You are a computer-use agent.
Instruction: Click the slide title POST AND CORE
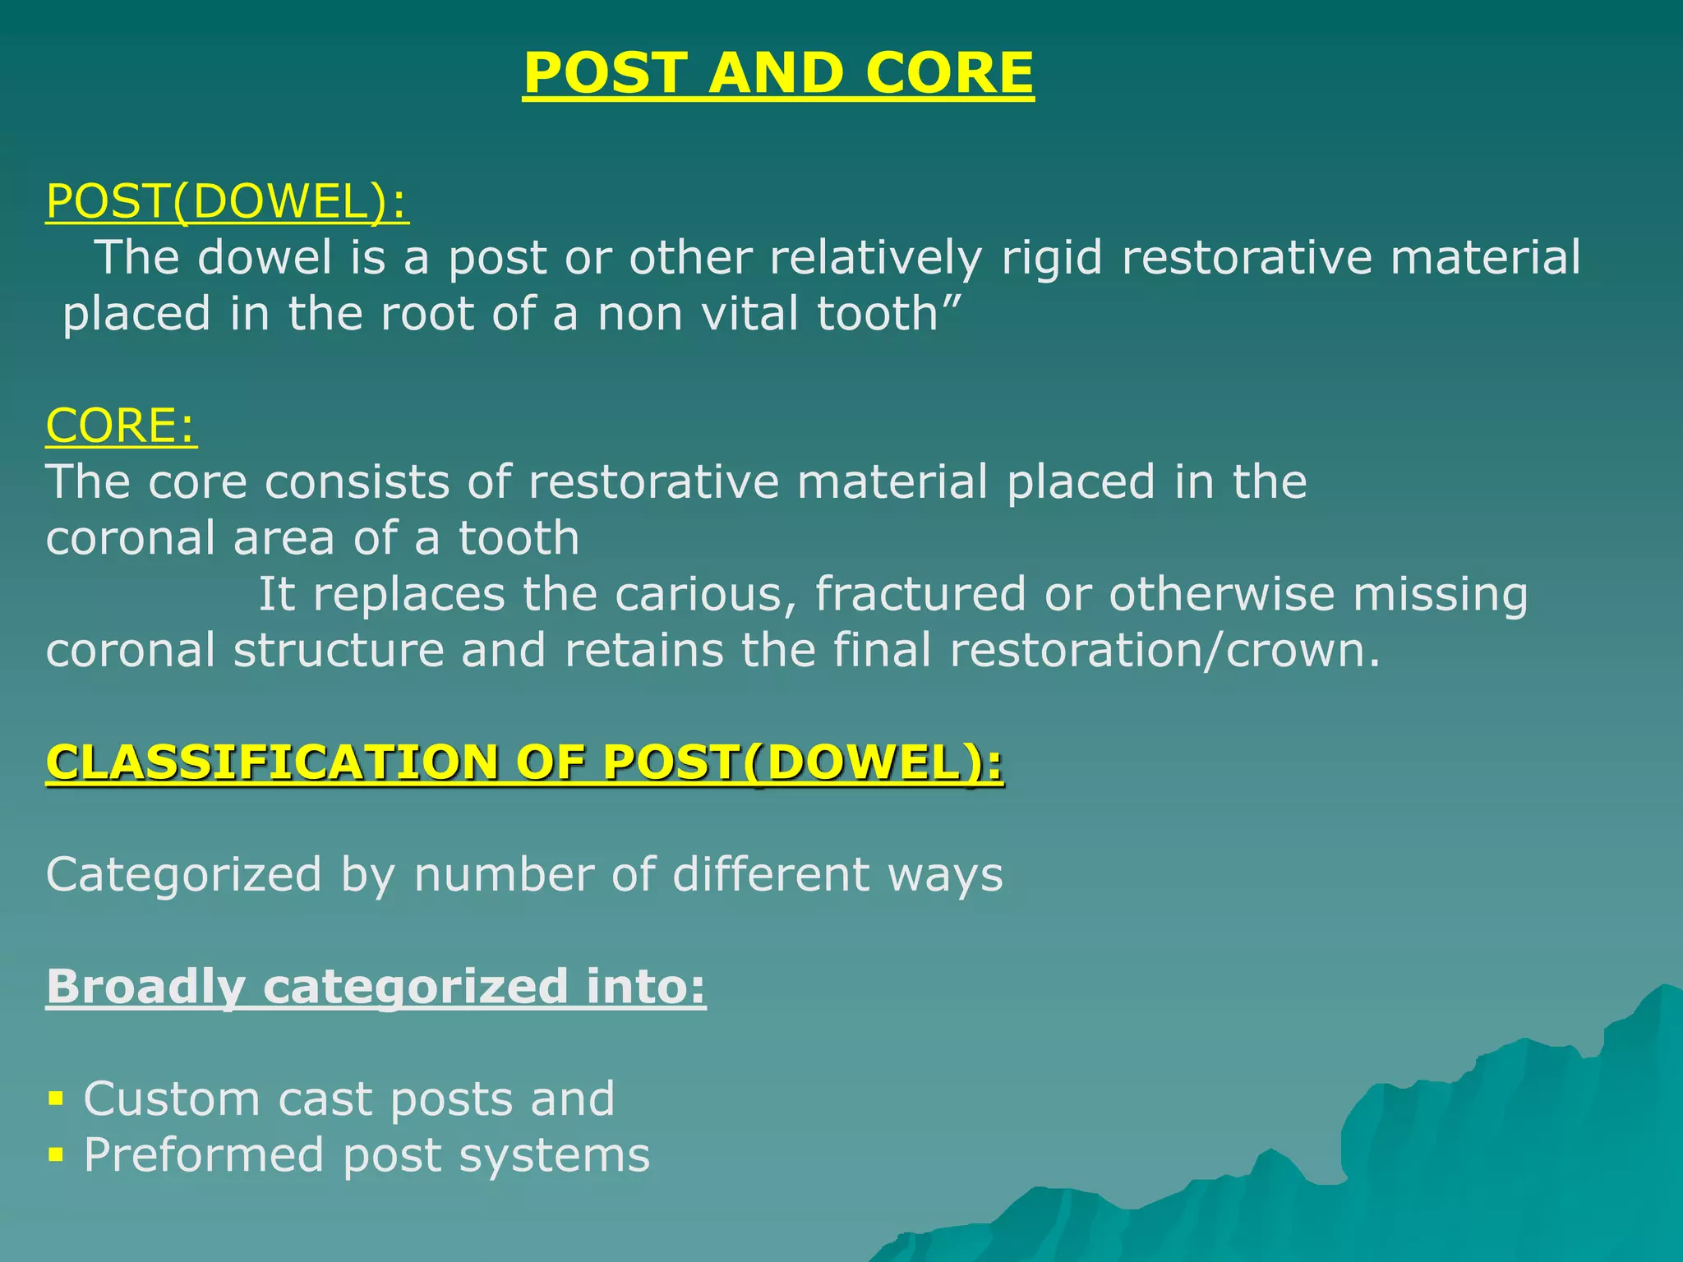777,73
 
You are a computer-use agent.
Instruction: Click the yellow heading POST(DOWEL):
227,201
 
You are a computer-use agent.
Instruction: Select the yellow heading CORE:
121,426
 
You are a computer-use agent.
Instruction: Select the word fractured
920,594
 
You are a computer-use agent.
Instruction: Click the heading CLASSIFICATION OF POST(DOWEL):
524,762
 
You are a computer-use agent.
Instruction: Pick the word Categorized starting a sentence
183,875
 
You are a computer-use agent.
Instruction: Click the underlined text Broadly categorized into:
376,987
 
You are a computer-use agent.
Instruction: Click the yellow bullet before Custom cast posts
56,1099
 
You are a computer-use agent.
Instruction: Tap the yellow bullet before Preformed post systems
56,1155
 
